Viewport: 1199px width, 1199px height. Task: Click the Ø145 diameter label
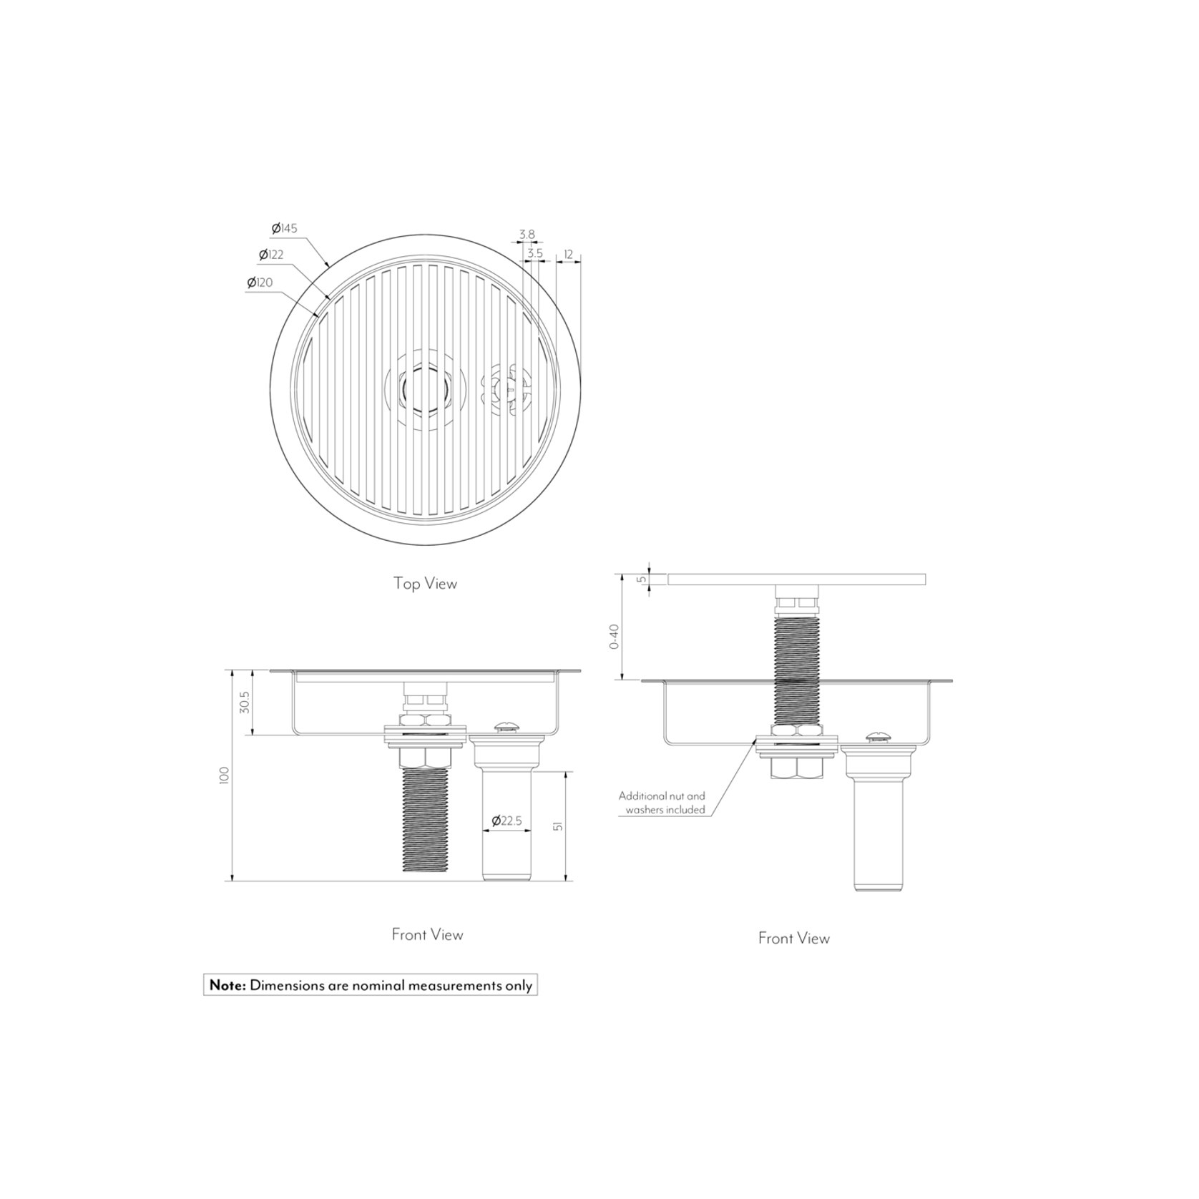pyautogui.click(x=284, y=228)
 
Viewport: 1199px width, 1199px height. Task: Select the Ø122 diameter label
pyautogui.click(x=271, y=254)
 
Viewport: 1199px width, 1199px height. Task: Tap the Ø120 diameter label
pyautogui.click(x=260, y=283)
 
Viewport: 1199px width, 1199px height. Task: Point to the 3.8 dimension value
pyautogui.click(x=527, y=234)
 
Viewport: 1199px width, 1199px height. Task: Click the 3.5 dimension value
pyautogui.click(x=534, y=253)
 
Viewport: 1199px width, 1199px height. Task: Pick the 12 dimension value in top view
pyautogui.click(x=568, y=254)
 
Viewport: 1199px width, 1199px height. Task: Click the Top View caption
pyautogui.click(x=425, y=583)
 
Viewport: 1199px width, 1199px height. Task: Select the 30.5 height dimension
pyautogui.click(x=245, y=702)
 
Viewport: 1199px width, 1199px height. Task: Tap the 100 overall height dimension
pyautogui.click(x=225, y=775)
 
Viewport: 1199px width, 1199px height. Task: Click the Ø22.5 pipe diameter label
pyautogui.click(x=506, y=821)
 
